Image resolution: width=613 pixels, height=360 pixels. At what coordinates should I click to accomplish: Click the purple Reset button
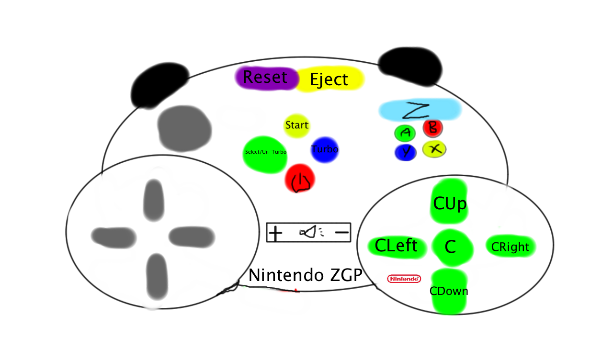click(266, 78)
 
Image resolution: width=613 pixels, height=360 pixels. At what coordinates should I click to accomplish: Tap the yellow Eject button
click(329, 79)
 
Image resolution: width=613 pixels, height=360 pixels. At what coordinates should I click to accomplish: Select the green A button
click(405, 133)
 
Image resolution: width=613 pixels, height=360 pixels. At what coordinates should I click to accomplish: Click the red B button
click(433, 128)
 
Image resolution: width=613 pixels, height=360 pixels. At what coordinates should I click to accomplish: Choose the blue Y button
click(406, 152)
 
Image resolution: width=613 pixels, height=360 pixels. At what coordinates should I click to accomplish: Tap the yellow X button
click(434, 149)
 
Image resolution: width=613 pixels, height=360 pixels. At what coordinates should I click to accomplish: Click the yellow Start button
click(296, 125)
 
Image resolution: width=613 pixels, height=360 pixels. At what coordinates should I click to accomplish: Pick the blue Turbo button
click(324, 149)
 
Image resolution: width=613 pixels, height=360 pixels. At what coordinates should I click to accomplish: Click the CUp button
click(449, 202)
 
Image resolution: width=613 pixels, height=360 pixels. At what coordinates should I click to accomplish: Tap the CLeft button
click(396, 246)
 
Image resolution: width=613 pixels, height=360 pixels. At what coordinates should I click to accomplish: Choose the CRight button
click(510, 247)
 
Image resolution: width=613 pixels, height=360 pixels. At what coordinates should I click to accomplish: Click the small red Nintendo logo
click(404, 278)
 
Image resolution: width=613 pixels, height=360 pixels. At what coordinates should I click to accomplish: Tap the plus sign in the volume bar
click(275, 233)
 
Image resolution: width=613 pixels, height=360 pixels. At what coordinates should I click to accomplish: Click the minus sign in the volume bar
click(342, 233)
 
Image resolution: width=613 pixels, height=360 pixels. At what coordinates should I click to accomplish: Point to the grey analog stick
click(184, 128)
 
